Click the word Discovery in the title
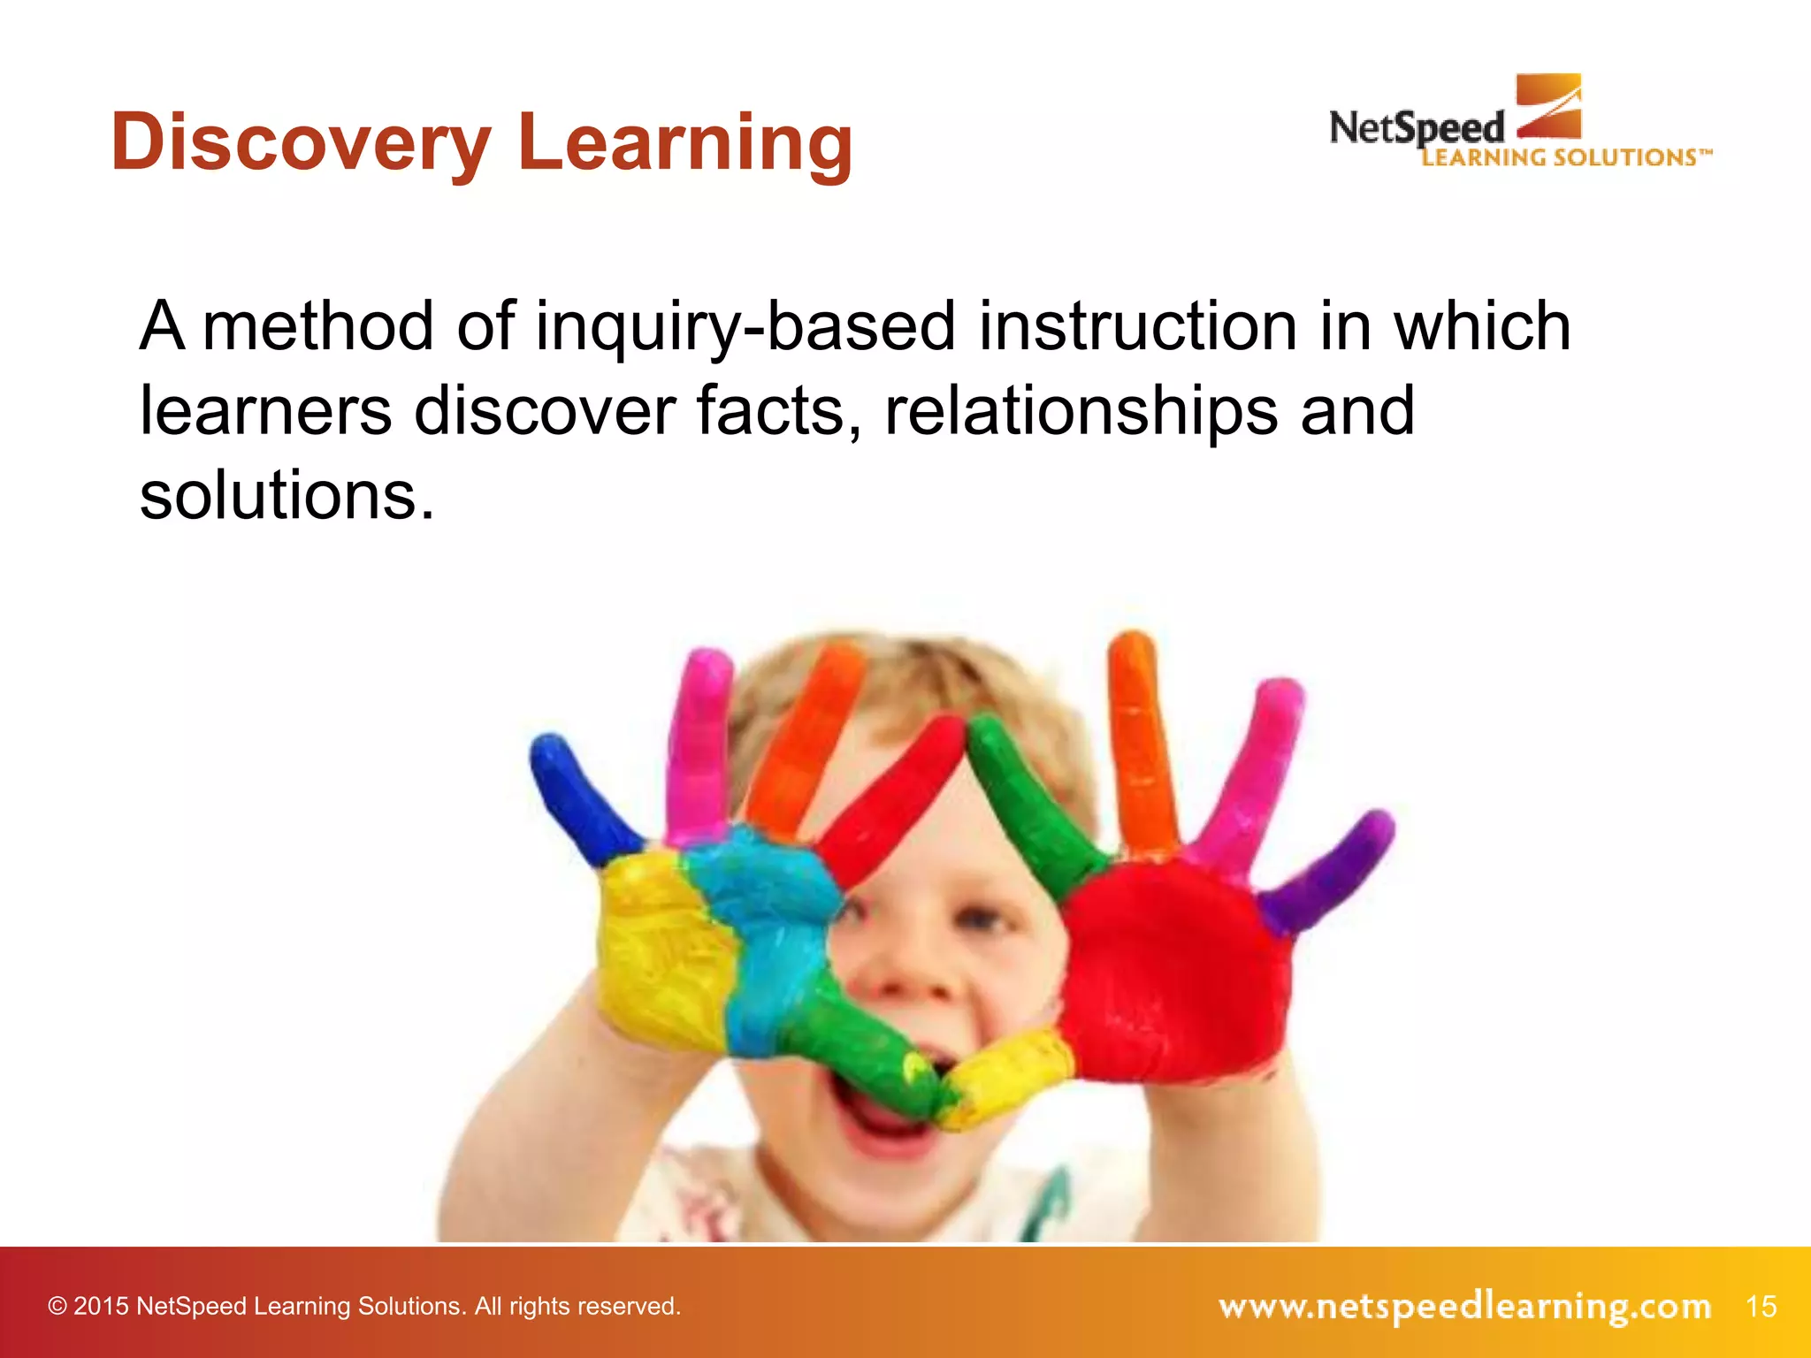click(x=301, y=143)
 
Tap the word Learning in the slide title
click(x=685, y=143)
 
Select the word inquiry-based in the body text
click(x=745, y=326)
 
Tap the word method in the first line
click(x=318, y=326)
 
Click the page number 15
click(x=1761, y=1306)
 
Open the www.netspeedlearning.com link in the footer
click(x=1464, y=1306)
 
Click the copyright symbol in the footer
click(x=57, y=1307)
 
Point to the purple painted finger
click(x=1331, y=871)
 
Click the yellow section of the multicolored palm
click(x=659, y=955)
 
